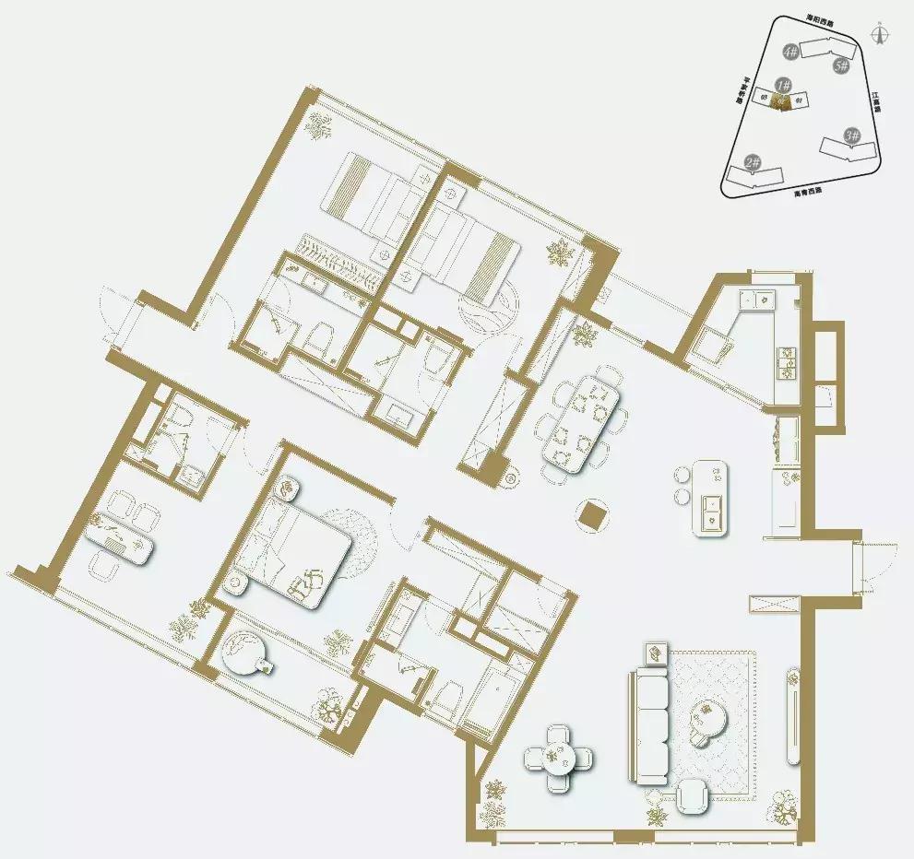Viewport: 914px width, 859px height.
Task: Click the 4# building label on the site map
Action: click(x=789, y=52)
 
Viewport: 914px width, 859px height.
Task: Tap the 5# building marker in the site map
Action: click(x=840, y=65)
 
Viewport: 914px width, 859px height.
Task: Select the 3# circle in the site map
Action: click(x=851, y=135)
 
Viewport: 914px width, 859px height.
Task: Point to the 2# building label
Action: click(x=752, y=163)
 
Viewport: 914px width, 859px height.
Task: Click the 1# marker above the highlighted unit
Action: click(x=783, y=85)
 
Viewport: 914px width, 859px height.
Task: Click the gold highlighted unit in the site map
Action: click(x=781, y=101)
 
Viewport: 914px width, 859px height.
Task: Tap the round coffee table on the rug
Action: click(x=711, y=713)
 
